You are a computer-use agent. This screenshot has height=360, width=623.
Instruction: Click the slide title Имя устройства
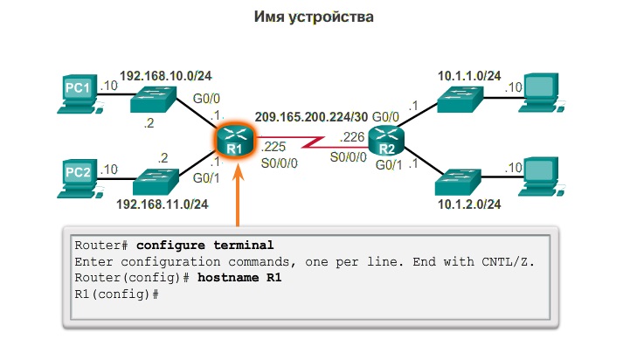(x=311, y=17)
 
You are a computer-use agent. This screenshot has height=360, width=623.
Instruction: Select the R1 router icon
(x=233, y=140)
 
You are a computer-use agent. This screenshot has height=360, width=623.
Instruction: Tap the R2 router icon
(x=385, y=140)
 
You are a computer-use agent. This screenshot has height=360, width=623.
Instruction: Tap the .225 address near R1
(x=273, y=147)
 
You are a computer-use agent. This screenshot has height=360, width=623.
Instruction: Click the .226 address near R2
(x=353, y=136)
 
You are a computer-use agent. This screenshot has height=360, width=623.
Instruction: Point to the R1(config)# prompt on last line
(x=116, y=294)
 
